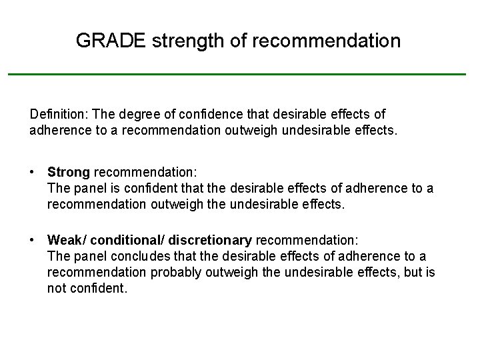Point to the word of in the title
click(x=238, y=41)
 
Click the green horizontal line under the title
click(x=237, y=73)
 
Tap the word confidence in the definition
click(x=211, y=115)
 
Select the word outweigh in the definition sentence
click(x=251, y=131)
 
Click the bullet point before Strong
click(x=32, y=172)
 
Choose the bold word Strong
click(x=69, y=173)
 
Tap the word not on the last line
click(x=56, y=288)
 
